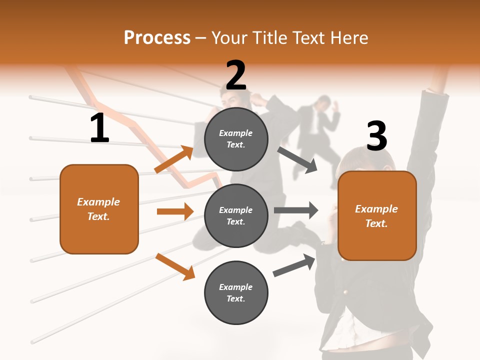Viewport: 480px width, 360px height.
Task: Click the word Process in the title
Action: click(x=157, y=37)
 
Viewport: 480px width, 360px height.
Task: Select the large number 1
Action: click(x=99, y=128)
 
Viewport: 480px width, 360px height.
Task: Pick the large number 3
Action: click(x=376, y=136)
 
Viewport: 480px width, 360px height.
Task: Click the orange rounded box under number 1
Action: click(x=99, y=209)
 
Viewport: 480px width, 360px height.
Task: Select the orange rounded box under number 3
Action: click(x=377, y=215)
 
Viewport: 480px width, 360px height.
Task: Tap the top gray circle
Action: click(x=236, y=138)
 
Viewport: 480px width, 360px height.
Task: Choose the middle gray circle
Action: click(x=236, y=215)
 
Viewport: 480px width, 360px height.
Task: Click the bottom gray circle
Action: click(x=236, y=292)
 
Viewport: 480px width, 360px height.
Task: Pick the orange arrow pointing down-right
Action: click(x=175, y=266)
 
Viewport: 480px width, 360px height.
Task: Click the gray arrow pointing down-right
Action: click(x=297, y=159)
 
